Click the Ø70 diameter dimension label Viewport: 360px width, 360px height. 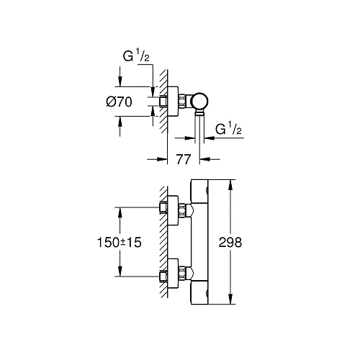coord(119,102)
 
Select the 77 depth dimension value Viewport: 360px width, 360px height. coord(184,159)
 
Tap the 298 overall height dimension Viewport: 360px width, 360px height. coord(230,243)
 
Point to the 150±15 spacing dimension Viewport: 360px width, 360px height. coord(119,243)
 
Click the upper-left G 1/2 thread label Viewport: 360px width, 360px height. coord(136,56)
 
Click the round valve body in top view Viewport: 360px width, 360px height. coord(199,102)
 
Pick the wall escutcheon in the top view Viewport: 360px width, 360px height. coord(173,102)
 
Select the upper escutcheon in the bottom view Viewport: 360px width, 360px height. coord(173,211)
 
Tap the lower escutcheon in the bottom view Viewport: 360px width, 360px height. coord(173,274)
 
